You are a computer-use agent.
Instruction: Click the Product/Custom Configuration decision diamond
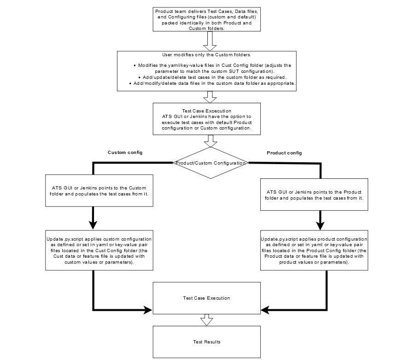point(210,163)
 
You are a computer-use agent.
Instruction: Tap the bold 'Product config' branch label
point(284,153)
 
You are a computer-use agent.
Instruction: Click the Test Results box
point(206,342)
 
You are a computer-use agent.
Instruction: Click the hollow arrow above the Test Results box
point(206,320)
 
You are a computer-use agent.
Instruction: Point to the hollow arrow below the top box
point(210,41)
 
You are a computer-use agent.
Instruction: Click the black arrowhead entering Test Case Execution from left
point(148,310)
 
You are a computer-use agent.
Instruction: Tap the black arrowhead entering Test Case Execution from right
point(265,310)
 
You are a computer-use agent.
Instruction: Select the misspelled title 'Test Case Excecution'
point(206,111)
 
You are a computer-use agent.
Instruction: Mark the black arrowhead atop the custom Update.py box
point(94,225)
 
